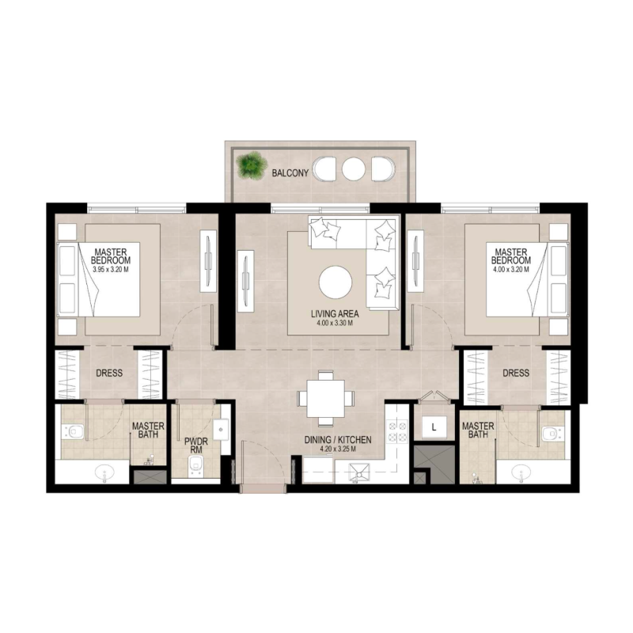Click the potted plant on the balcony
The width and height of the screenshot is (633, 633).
pos(252,165)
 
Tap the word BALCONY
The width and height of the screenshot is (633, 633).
pos(290,172)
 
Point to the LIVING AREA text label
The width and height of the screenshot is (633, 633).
pos(335,314)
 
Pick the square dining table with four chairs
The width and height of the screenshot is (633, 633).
pos(327,397)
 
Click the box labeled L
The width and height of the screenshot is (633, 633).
pos(434,428)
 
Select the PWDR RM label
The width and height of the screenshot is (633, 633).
pos(195,445)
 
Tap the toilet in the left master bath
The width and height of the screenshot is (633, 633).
pos(74,431)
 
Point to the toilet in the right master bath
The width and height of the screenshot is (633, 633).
pos(552,432)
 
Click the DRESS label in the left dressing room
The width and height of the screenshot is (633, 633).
pos(109,373)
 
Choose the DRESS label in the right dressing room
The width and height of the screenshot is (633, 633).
pos(516,373)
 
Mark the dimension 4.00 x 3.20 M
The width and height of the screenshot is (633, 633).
pos(510,269)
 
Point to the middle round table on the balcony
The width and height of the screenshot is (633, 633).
pos(354,169)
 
